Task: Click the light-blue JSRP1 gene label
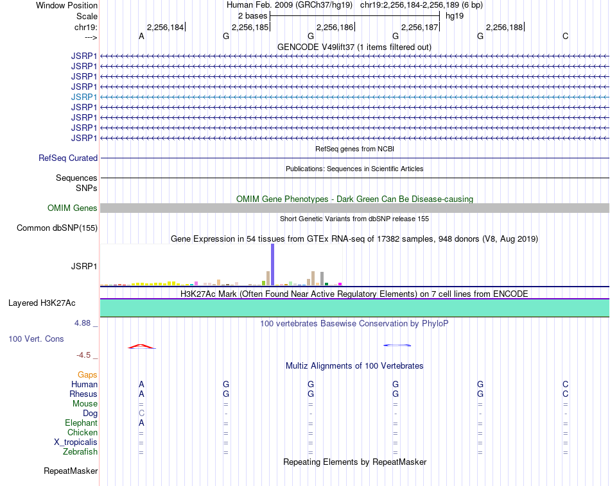coord(84,97)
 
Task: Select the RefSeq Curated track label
coord(68,158)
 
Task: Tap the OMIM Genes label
coord(73,208)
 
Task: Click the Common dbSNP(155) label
coord(57,228)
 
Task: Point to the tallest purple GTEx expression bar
coord(272,264)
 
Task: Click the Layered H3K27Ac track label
coord(46,303)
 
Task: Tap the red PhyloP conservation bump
coord(141,346)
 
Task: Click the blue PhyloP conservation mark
coord(396,346)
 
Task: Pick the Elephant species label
coord(81,423)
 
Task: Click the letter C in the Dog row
coord(141,413)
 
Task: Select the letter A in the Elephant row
coord(141,423)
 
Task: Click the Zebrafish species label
coord(80,451)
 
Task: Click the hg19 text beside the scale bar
coord(455,15)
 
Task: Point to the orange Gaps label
coord(87,374)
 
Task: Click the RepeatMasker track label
coord(71,471)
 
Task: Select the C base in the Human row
coord(565,384)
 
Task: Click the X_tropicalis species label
coord(76,442)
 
